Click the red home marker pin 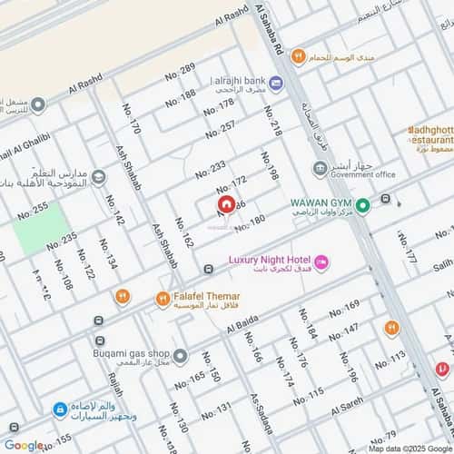pyautogui.click(x=224, y=207)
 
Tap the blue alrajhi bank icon pyautogui.click(x=276, y=84)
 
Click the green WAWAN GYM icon pyautogui.click(x=362, y=206)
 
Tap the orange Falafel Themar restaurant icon pyautogui.click(x=162, y=298)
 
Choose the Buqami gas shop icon pyautogui.click(x=181, y=355)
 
